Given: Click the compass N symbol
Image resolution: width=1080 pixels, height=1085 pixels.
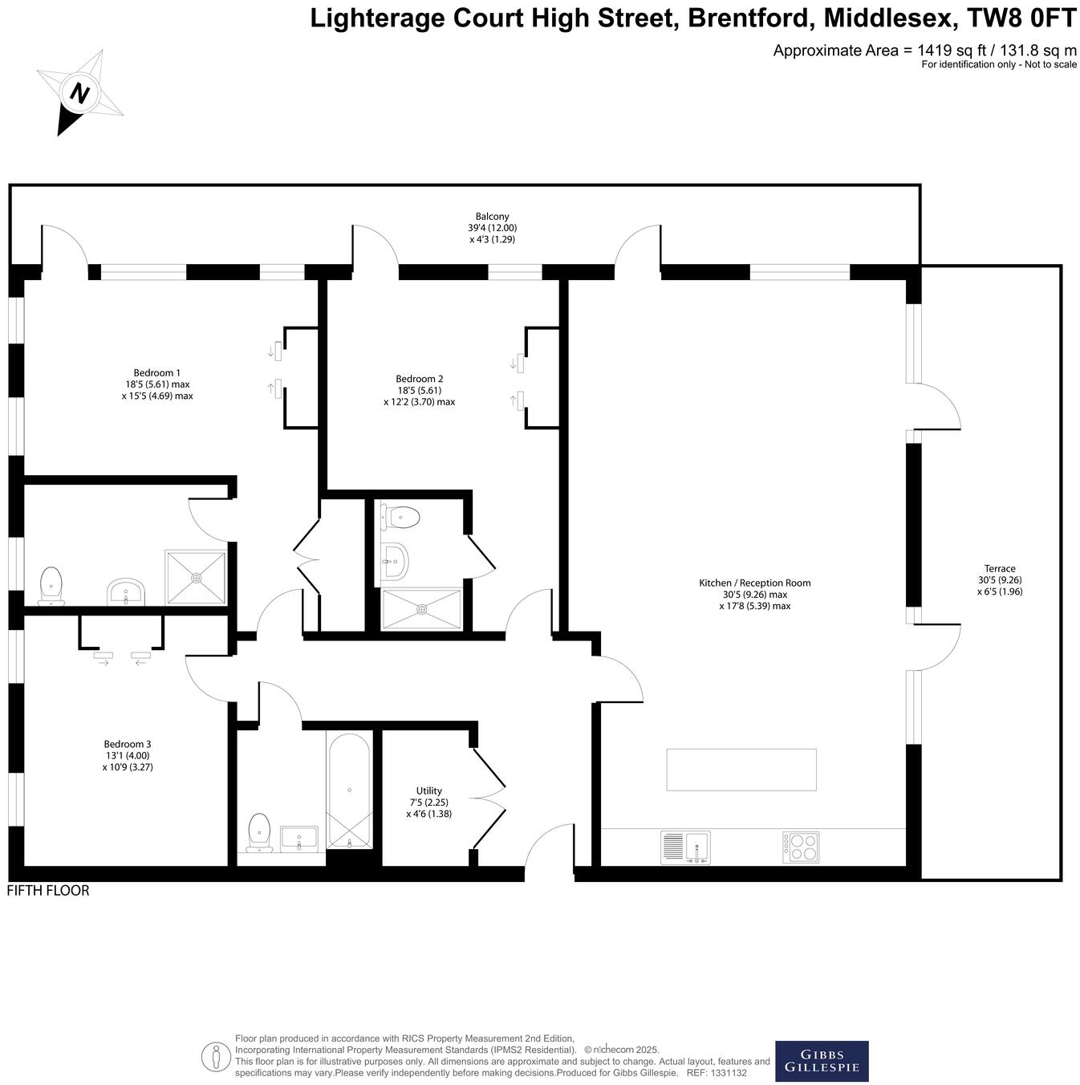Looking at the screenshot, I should click(79, 92).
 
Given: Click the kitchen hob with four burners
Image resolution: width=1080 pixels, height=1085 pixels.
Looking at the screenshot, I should click(801, 847).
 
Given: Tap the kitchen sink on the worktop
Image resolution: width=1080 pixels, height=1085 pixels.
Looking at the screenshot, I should click(686, 847).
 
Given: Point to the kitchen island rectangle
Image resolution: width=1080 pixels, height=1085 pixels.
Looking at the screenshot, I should click(741, 770).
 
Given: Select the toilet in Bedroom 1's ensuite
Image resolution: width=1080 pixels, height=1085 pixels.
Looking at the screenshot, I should click(51, 585).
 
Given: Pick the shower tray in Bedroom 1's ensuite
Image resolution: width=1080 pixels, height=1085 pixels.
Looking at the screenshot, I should click(196, 577).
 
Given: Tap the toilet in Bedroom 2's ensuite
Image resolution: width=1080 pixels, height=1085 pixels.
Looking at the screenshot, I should click(400, 517).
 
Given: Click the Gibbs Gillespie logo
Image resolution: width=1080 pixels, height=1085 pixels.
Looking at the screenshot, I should click(822, 1061).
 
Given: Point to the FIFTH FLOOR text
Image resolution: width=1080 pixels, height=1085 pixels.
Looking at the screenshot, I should click(48, 891).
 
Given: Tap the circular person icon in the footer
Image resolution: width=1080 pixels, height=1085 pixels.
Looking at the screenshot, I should click(216, 1056).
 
